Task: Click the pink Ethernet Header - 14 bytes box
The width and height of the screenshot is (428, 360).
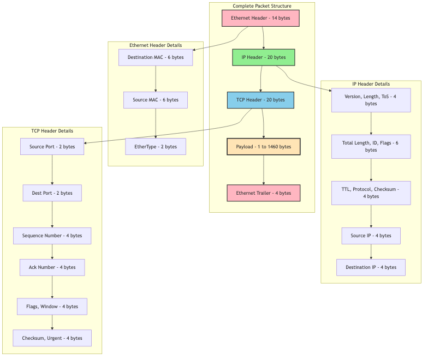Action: pos(260,18)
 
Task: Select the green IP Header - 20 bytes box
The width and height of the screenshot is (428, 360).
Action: pos(264,57)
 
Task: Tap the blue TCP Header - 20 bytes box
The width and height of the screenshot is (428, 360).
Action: pos(260,100)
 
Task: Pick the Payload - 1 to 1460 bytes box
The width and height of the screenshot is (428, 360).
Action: pos(264,147)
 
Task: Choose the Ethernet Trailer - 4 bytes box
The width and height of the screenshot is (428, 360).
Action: pos(264,193)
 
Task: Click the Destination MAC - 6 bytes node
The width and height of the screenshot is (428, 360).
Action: pos(156,57)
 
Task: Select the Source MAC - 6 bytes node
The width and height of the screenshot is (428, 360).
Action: pos(156,100)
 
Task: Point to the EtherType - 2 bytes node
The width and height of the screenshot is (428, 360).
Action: pos(156,147)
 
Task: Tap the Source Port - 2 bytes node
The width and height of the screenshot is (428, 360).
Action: pos(52,147)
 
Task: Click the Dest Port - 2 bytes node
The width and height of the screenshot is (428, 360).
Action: pos(52,193)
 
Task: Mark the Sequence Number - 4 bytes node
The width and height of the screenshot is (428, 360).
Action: pos(52,236)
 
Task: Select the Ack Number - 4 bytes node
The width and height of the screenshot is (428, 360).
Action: pos(52,267)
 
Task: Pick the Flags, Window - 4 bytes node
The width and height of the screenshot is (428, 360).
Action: pos(52,307)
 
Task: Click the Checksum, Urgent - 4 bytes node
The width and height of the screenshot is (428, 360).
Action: pos(52,338)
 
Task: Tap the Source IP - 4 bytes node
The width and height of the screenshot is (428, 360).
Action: pos(371,236)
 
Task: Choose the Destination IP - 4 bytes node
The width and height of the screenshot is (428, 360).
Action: pos(371,267)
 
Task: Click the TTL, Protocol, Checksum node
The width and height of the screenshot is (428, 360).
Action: pos(371,193)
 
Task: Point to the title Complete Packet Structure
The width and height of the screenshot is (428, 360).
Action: pos(262,6)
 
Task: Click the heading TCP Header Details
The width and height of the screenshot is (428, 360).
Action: pos(52,131)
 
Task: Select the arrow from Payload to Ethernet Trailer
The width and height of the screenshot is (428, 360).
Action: pos(264,170)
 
